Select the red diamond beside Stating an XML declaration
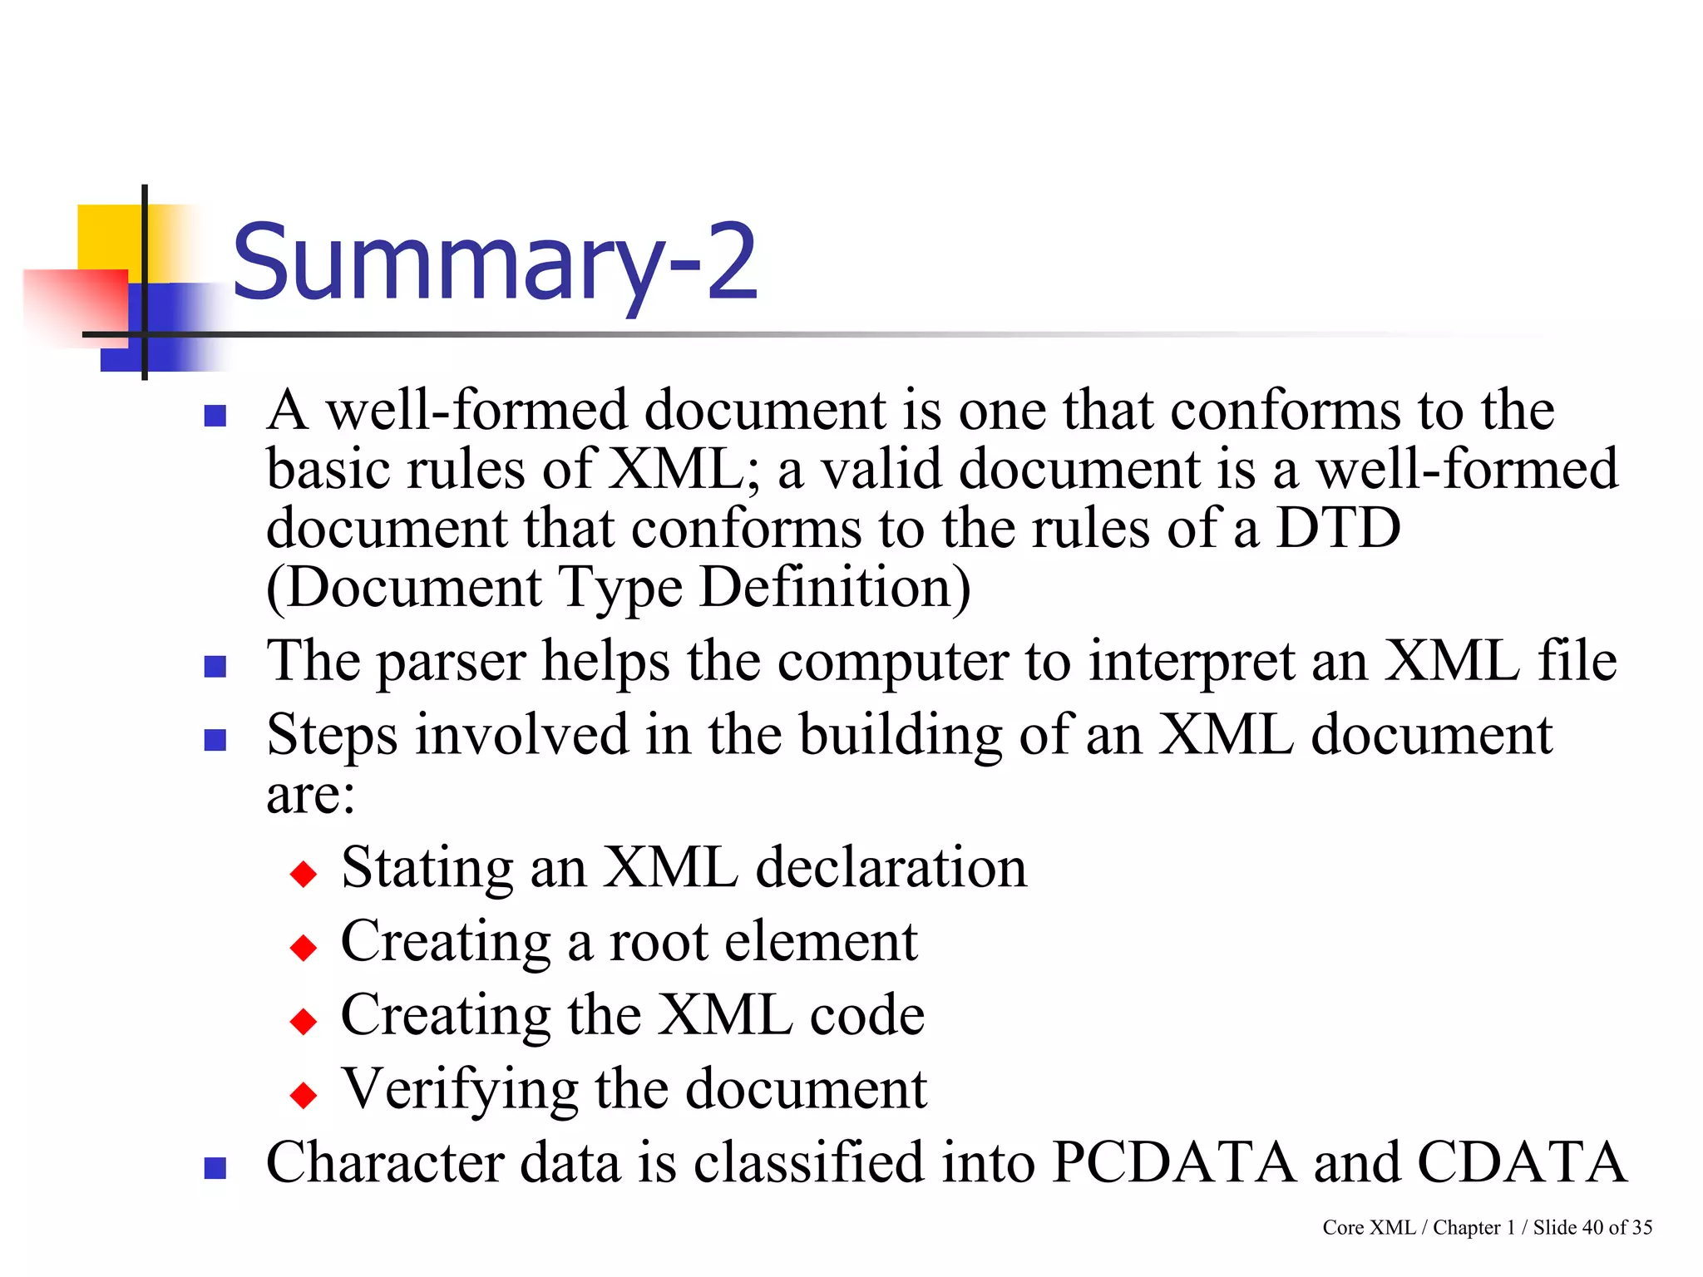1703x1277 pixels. click(x=304, y=874)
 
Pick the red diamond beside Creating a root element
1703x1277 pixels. click(x=304, y=947)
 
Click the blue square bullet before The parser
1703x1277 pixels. click(x=215, y=666)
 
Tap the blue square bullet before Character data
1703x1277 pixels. click(x=215, y=1168)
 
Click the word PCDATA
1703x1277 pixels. click(x=1173, y=1161)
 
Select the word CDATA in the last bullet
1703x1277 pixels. click(x=1521, y=1161)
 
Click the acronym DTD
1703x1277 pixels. click(x=1339, y=528)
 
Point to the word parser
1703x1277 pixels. click(x=452, y=663)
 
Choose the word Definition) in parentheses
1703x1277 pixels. click(x=835, y=588)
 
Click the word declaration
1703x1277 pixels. click(x=891, y=867)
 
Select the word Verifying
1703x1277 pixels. click(x=460, y=1089)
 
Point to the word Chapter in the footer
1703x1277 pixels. click(x=1467, y=1228)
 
